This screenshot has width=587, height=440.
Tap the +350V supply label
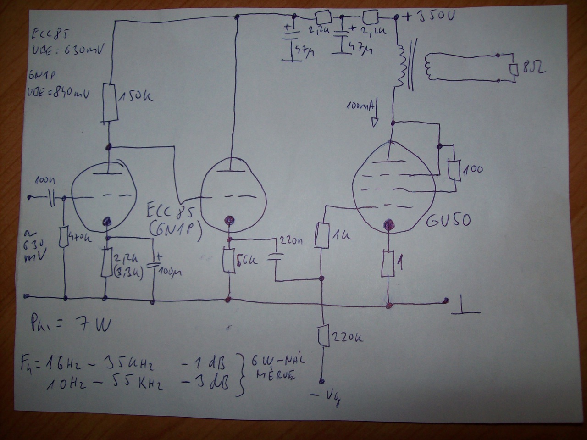[428, 17]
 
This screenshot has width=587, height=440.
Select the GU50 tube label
[448, 220]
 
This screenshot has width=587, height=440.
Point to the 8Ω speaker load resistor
[515, 69]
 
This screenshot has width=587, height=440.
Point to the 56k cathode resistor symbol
[228, 261]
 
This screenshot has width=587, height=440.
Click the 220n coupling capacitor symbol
[275, 257]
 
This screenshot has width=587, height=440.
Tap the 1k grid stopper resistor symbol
[322, 235]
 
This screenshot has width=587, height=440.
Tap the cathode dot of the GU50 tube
[388, 225]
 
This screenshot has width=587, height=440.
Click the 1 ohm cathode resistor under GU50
[388, 264]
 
